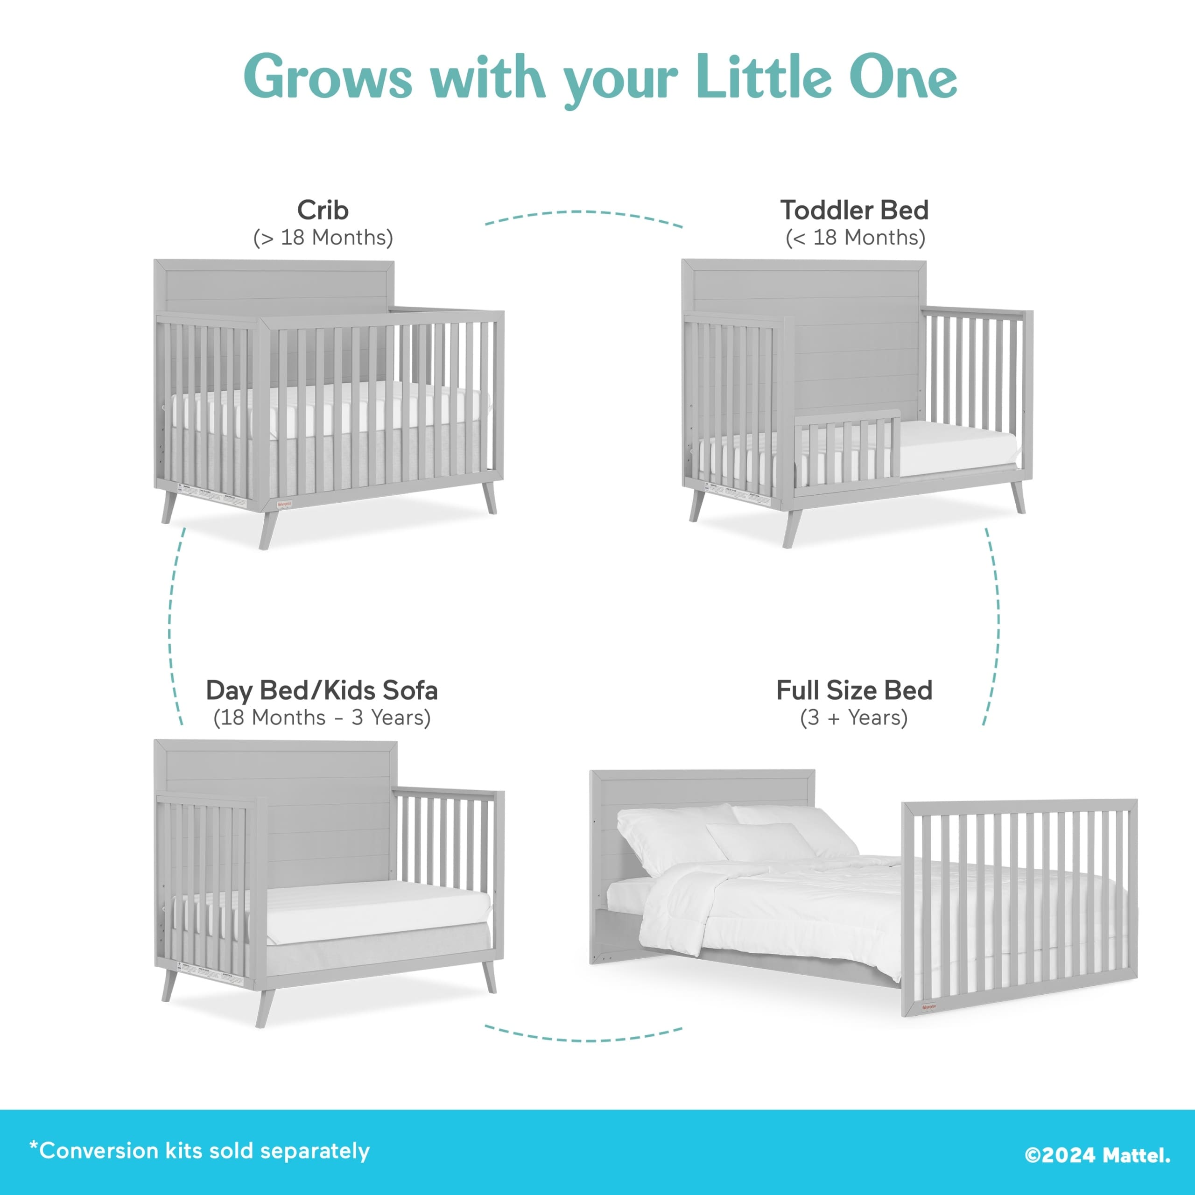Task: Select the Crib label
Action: [x=322, y=211]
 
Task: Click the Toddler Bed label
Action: [x=854, y=211]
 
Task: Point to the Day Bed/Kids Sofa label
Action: [x=322, y=690]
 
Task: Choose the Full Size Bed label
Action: [x=854, y=690]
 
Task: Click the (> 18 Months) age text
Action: [x=322, y=238]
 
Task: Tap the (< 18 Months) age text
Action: [x=855, y=238]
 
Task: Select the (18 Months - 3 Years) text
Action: [x=322, y=717]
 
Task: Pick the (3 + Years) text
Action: [x=854, y=717]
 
